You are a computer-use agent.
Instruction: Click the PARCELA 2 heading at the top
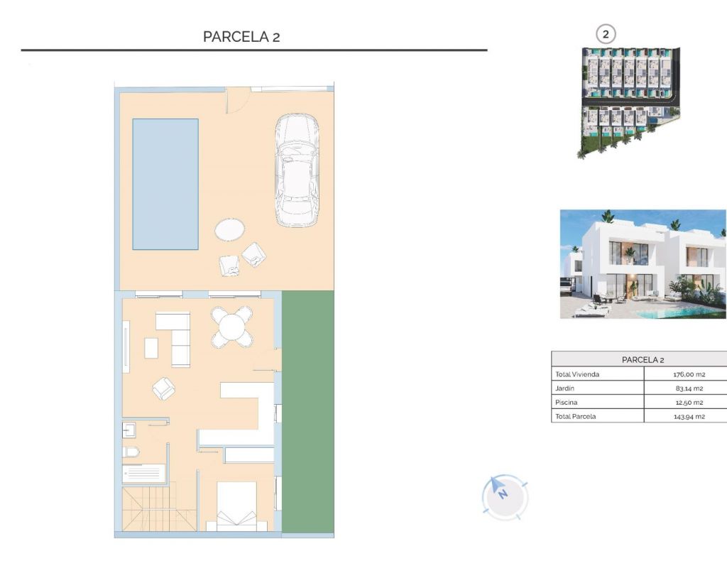click(x=241, y=37)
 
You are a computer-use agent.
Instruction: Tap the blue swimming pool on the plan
click(x=165, y=184)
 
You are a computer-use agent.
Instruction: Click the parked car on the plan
click(x=297, y=170)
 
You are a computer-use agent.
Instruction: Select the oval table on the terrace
click(x=229, y=229)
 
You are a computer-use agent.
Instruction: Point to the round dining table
click(x=232, y=327)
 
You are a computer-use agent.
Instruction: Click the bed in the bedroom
click(x=237, y=506)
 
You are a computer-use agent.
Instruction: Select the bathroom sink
click(x=129, y=430)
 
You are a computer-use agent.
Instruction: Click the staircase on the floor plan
click(x=159, y=508)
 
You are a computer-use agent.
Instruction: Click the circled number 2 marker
click(x=605, y=34)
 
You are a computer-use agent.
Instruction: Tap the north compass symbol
click(x=505, y=497)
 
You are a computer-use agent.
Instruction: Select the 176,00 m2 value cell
click(x=689, y=374)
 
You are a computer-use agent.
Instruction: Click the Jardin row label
click(x=564, y=388)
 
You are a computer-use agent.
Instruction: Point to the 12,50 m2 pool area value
click(x=689, y=403)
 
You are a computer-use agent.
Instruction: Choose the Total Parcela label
click(x=575, y=416)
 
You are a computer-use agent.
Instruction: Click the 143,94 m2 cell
click(x=689, y=416)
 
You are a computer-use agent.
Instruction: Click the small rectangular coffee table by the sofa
click(x=151, y=348)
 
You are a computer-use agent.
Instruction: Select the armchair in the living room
click(x=164, y=388)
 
